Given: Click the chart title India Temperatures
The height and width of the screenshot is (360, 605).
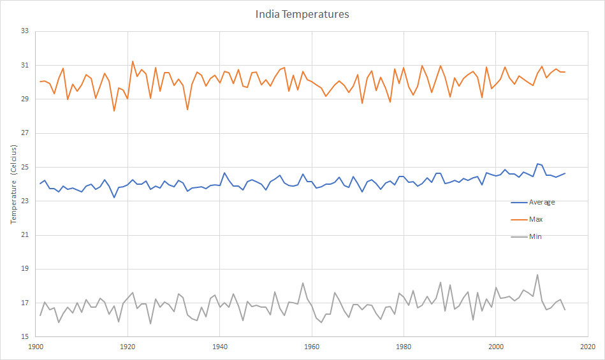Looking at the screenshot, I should (x=302, y=14).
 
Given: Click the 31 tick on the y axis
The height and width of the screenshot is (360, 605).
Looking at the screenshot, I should (x=26, y=65).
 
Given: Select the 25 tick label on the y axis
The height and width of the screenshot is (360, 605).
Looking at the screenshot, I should (x=26, y=167).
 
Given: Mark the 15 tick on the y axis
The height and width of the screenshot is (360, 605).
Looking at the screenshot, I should (x=26, y=337).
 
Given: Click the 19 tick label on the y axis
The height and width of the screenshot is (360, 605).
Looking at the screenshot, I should (x=26, y=269).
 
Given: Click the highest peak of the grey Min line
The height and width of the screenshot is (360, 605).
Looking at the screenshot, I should (x=537, y=275).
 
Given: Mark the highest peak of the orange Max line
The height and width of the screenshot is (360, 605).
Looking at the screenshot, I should (x=133, y=61).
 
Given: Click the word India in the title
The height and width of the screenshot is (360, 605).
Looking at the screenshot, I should (x=268, y=14).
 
